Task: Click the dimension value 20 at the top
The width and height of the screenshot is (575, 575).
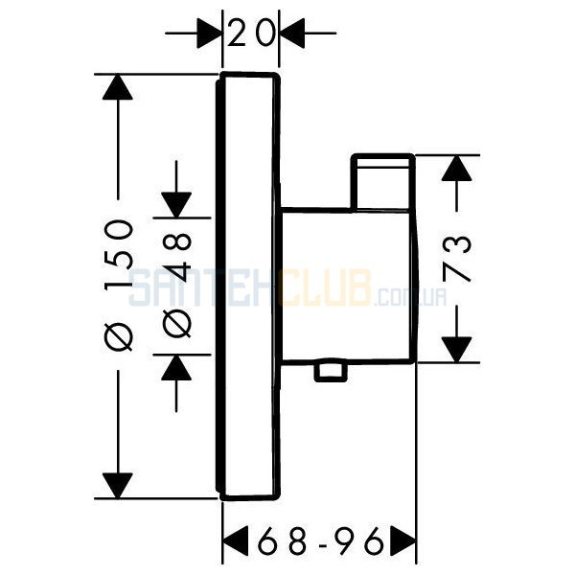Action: click(x=251, y=34)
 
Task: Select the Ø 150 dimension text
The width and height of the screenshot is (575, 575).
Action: click(x=118, y=285)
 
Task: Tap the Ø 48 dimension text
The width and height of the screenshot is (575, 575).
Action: click(x=176, y=285)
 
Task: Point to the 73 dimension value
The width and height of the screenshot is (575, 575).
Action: click(x=456, y=258)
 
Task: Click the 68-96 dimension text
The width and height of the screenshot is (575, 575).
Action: click(x=320, y=541)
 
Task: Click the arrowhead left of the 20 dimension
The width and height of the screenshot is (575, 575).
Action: click(x=209, y=34)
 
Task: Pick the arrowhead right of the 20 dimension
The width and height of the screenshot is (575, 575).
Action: click(x=292, y=34)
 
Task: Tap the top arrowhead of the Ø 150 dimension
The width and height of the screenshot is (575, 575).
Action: click(x=118, y=87)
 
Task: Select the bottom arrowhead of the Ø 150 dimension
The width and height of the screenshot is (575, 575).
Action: click(x=118, y=486)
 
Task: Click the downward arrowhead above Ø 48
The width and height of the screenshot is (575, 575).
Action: click(x=176, y=205)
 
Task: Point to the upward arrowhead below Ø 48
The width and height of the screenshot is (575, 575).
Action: click(x=176, y=367)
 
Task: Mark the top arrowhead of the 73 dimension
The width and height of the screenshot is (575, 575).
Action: click(x=456, y=168)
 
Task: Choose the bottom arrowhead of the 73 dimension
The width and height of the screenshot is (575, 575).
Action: click(x=456, y=350)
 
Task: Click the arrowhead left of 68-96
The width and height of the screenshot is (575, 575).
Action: click(x=236, y=541)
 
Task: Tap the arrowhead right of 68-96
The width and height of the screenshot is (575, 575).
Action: click(x=403, y=541)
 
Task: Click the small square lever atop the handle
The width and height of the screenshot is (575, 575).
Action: click(x=382, y=182)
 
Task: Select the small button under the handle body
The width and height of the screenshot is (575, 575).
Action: click(x=331, y=372)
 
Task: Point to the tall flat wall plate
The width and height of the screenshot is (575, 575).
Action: click(x=248, y=287)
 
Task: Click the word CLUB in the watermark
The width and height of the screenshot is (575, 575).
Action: click(x=325, y=288)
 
